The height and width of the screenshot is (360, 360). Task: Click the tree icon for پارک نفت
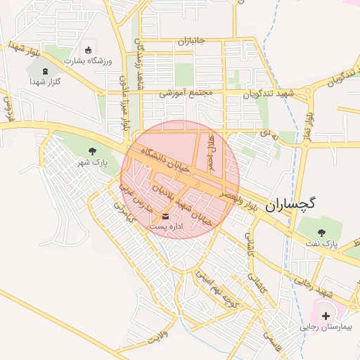coord(322,232)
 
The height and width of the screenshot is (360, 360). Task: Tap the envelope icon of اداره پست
coord(166,216)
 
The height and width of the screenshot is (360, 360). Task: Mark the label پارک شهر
coord(92,162)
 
